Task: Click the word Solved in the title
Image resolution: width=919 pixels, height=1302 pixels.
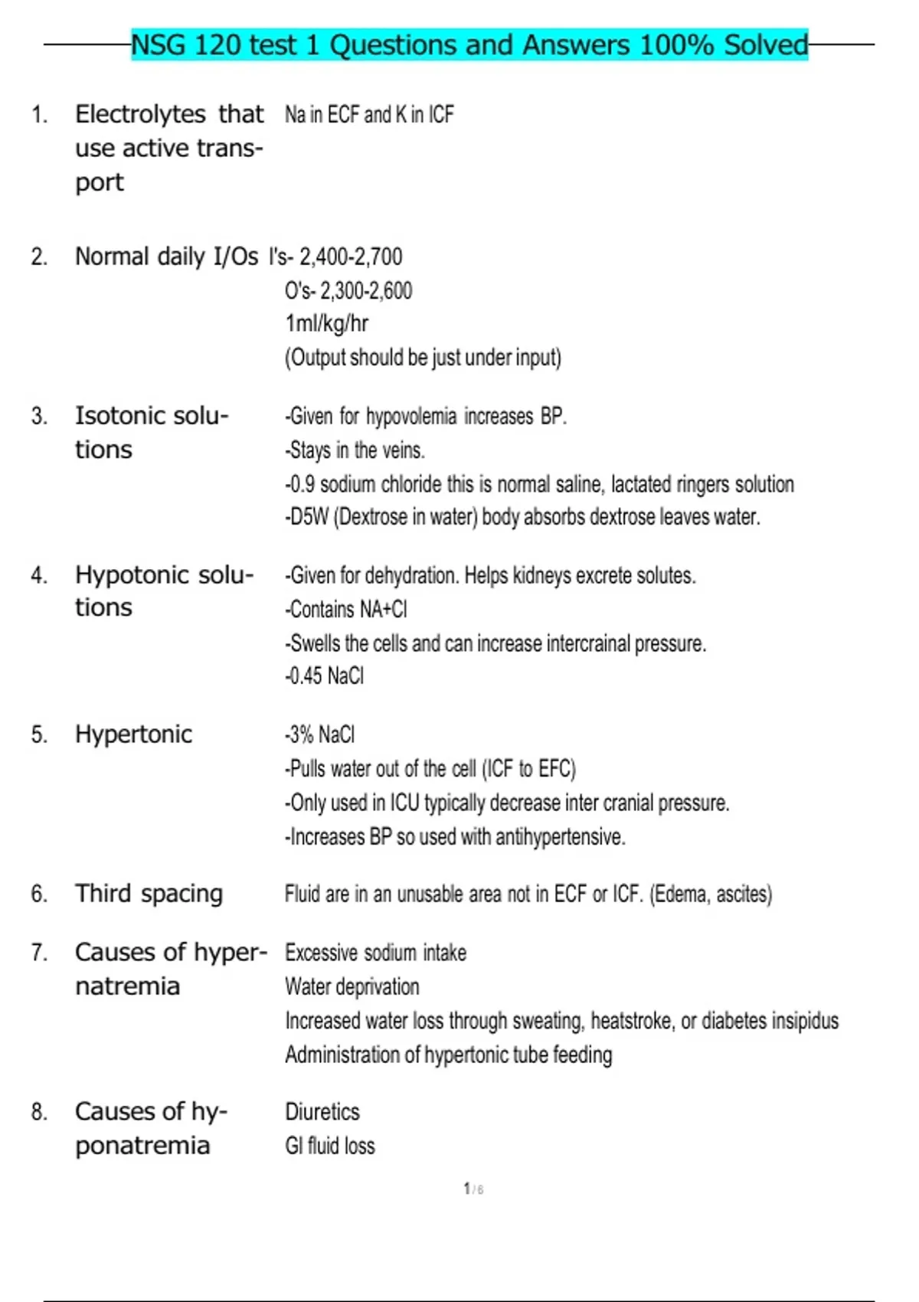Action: point(765,45)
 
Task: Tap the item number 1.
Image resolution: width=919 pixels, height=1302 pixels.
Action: point(39,115)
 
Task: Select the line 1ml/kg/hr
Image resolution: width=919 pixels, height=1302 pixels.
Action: point(326,324)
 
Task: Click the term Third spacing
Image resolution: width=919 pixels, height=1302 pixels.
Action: point(149,894)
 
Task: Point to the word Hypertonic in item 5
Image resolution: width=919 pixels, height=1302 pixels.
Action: point(133,734)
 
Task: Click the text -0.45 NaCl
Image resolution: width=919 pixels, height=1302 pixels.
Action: point(324,676)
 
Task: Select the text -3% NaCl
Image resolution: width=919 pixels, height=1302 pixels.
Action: point(319,735)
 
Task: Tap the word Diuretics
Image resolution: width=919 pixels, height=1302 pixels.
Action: point(322,1112)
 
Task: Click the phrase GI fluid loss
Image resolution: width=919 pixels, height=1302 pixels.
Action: point(329,1146)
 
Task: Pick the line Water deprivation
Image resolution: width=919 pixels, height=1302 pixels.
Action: point(352,986)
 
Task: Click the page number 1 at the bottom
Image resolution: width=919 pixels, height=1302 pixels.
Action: point(466,1189)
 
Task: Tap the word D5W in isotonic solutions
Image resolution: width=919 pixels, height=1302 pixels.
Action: point(309,518)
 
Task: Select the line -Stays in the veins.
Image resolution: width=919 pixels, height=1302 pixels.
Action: point(355,450)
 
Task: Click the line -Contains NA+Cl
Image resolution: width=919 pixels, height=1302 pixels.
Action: point(345,610)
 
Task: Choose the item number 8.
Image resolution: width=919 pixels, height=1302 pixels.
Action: point(39,1112)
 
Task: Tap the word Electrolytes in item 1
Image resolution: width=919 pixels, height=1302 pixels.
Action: point(140,115)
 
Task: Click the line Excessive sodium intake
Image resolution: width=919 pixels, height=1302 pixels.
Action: point(375,953)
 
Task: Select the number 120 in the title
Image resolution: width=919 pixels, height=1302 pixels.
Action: point(217,45)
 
